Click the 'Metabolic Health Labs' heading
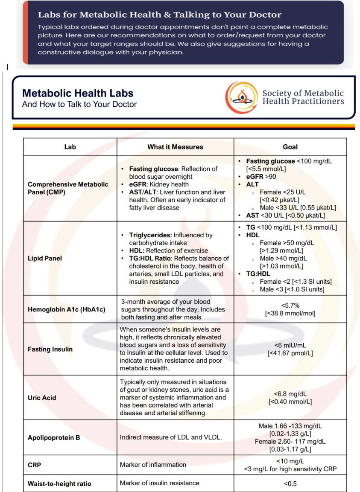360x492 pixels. pyautogui.click(x=77, y=93)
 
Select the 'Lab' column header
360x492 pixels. pyautogui.click(x=70, y=147)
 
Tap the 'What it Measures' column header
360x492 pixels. pyautogui.click(x=175, y=147)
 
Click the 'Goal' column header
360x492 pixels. pyautogui.click(x=290, y=147)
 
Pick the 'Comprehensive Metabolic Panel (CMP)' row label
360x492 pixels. pyautogui.click(x=68, y=188)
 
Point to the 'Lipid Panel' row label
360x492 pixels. pyautogui.click(x=45, y=258)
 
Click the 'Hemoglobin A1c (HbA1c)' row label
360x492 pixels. pyautogui.click(x=66, y=309)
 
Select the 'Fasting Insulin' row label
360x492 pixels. pyautogui.click(x=50, y=349)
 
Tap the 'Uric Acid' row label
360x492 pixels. pyautogui.click(x=42, y=398)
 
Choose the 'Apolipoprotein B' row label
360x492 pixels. pyautogui.click(x=54, y=437)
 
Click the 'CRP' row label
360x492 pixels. pyautogui.click(x=34, y=465)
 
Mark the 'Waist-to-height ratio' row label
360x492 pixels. pyautogui.click(x=59, y=483)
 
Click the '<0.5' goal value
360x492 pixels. pyautogui.click(x=290, y=483)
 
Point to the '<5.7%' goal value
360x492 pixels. pyautogui.click(x=290, y=306)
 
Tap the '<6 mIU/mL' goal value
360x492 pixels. pyautogui.click(x=290, y=345)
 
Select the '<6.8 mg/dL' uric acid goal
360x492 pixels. pyautogui.click(x=290, y=394)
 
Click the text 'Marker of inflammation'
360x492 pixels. pyautogui.click(x=153, y=465)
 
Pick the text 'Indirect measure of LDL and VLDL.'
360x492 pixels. pyautogui.click(x=171, y=437)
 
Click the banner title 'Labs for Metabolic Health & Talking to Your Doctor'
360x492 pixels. pyautogui.click(x=159, y=15)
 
